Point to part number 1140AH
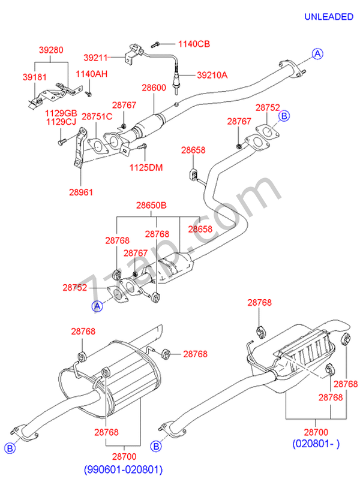coord(91,74)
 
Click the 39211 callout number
coord(95,58)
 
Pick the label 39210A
coord(213,75)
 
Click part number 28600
coord(154,88)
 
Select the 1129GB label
coord(62,113)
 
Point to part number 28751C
coord(97,116)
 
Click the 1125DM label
coord(146,167)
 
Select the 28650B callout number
coord(151,206)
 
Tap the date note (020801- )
coord(316,444)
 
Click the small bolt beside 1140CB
coord(155,44)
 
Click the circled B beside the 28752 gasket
coord(285,116)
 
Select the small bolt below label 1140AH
coord(88,93)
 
